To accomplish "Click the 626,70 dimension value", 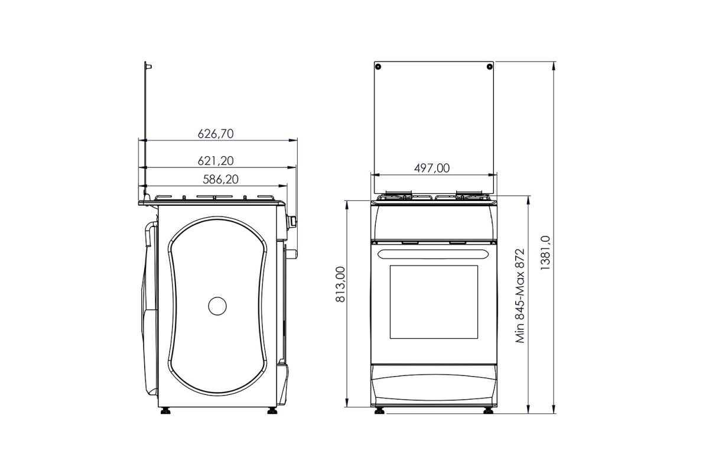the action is [216, 134].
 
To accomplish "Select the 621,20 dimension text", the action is [216, 161].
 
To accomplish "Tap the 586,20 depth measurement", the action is [220, 179].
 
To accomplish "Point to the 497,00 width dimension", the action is [432, 168].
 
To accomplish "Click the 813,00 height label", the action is [340, 284].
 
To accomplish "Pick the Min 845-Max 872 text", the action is [520, 296].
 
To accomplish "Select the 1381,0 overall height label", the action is [545, 253].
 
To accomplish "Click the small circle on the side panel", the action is [217, 306].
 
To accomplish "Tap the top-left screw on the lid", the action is [378, 67].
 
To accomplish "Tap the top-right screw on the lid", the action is [489, 67].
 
